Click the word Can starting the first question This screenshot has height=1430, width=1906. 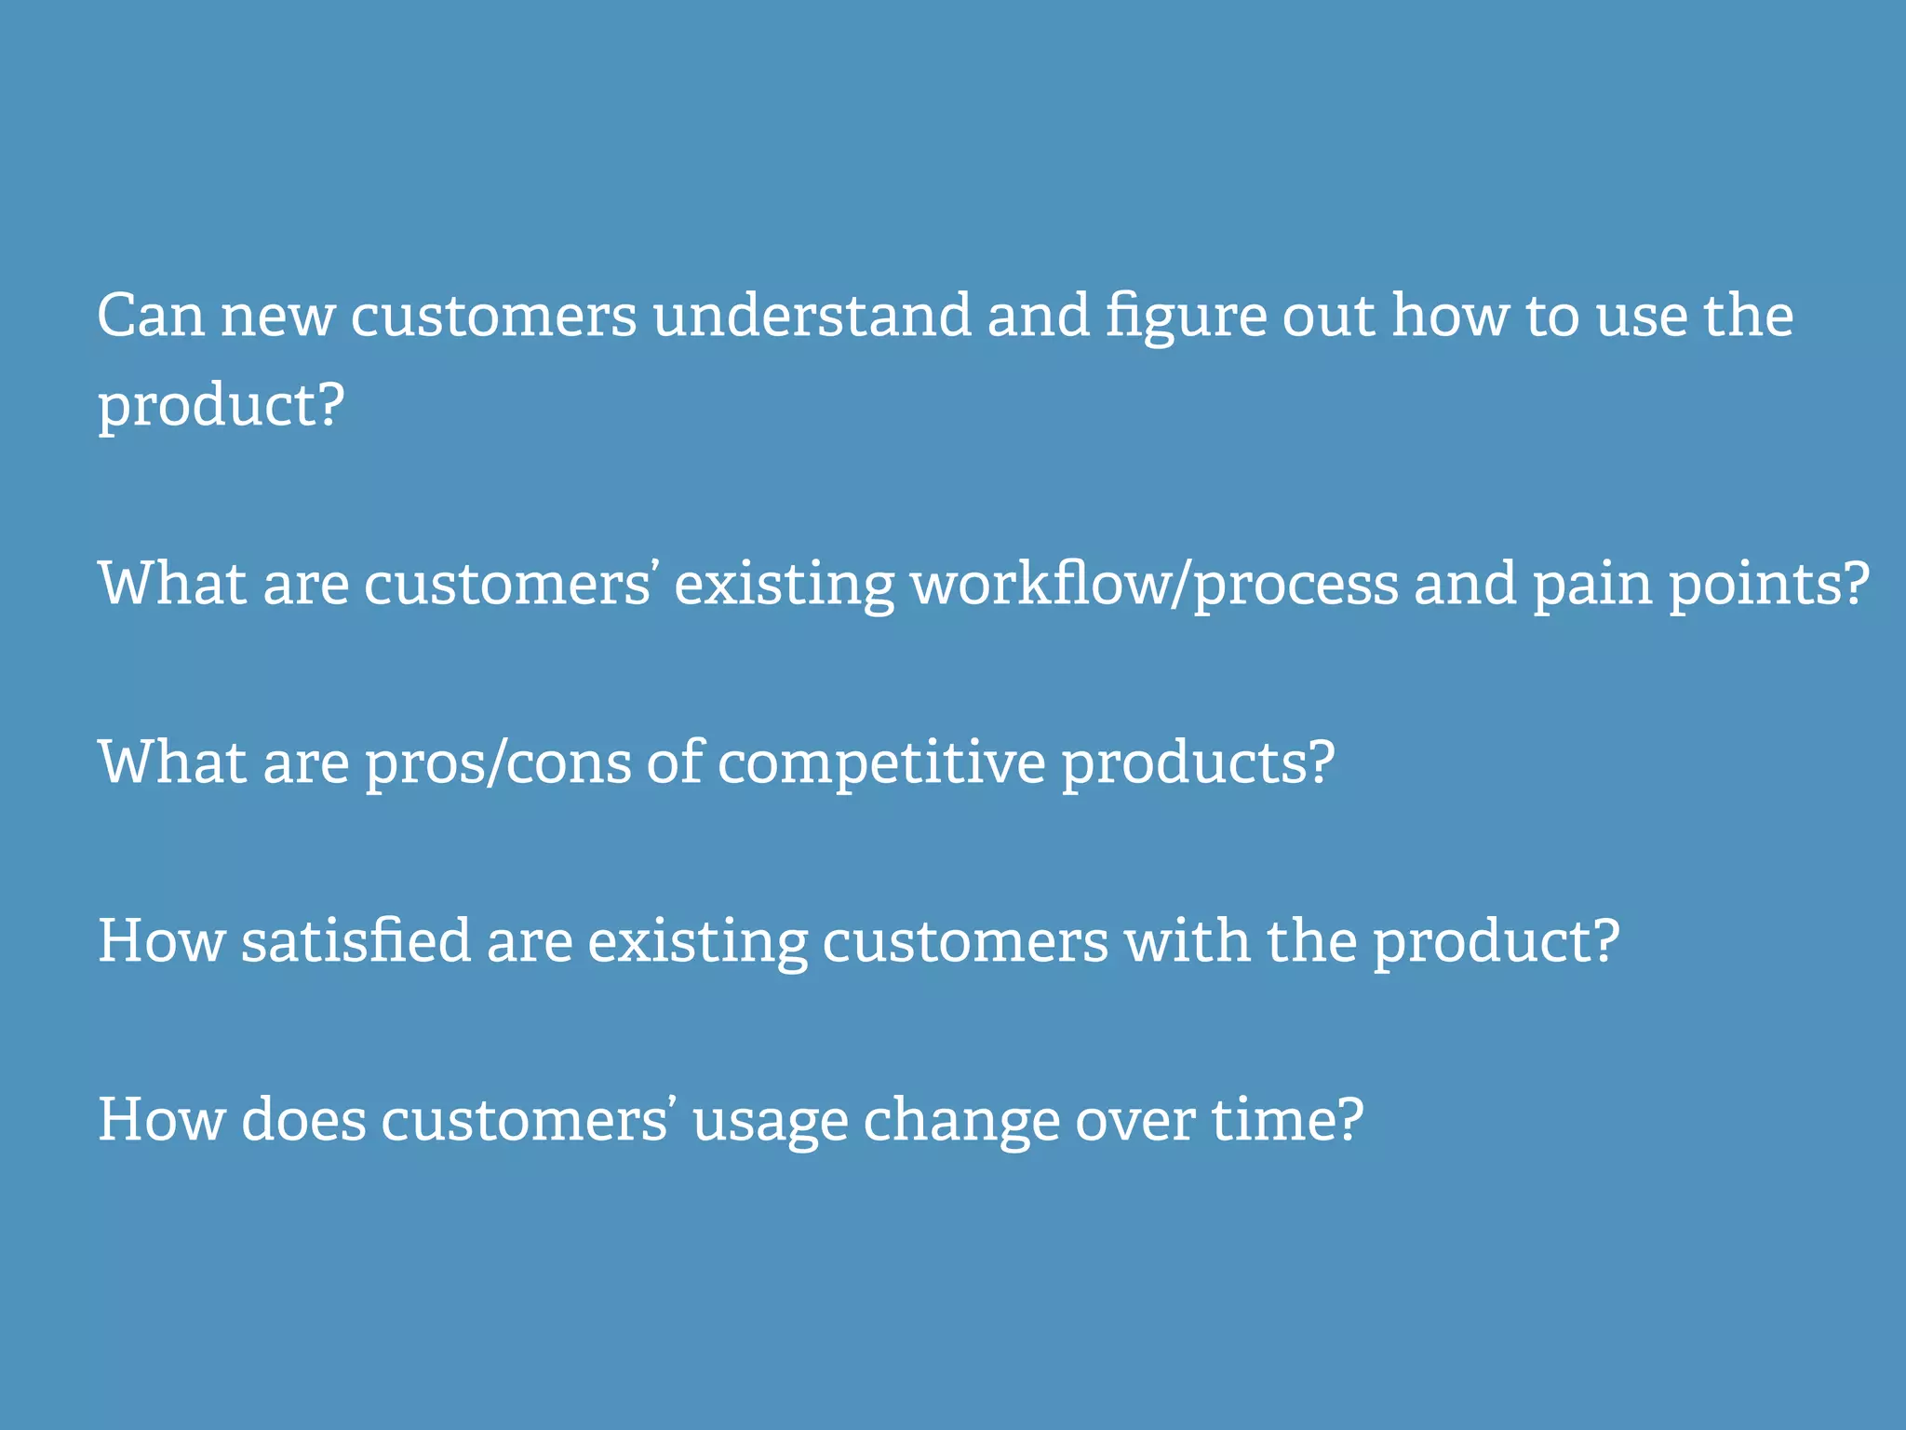[150, 316]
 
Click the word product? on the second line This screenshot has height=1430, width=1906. [221, 407]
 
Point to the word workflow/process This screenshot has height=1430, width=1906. [1154, 585]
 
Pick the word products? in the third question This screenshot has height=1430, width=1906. [1198, 763]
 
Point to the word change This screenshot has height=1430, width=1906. [961, 1121]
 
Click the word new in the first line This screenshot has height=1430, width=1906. [277, 317]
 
